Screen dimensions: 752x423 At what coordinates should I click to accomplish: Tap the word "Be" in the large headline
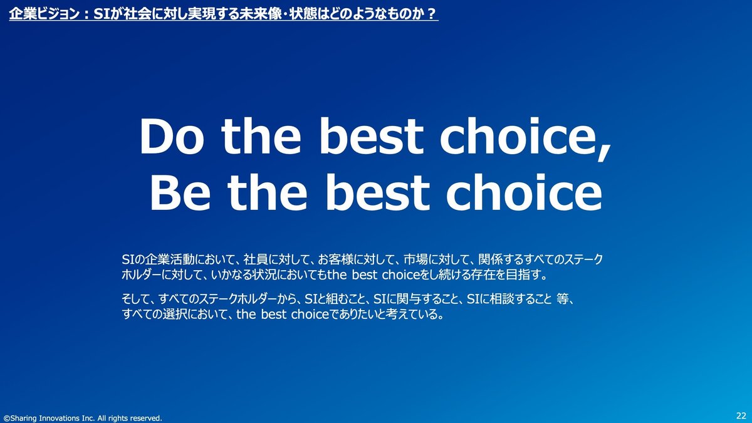click(180, 192)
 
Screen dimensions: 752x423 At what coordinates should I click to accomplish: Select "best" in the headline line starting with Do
click(371, 136)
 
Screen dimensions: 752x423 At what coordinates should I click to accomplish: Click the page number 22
click(741, 415)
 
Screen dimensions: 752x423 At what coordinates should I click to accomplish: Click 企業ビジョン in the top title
click(44, 14)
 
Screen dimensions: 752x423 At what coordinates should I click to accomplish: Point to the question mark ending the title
click(433, 14)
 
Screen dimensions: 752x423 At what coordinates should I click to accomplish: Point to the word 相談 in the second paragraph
click(502, 299)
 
